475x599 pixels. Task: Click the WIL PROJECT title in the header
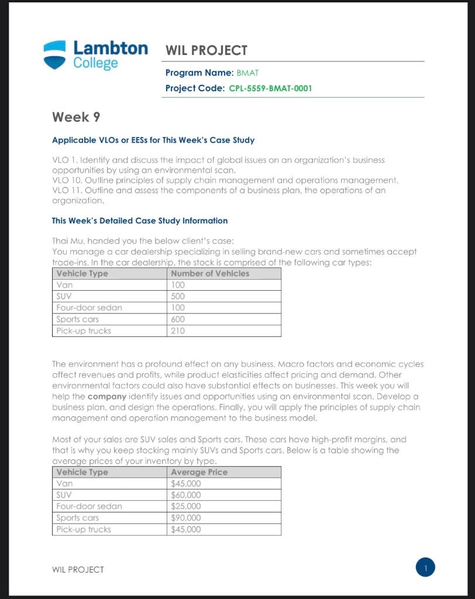coord(206,50)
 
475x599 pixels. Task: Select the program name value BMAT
coord(247,73)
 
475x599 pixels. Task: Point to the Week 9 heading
coord(76,117)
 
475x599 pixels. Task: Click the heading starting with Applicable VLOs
coord(153,140)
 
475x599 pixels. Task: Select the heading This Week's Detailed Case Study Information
coord(140,221)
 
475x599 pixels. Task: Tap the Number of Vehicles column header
coord(210,273)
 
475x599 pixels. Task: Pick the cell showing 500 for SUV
coord(178,296)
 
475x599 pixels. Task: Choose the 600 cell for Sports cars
coord(178,319)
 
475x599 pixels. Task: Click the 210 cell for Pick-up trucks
coord(178,331)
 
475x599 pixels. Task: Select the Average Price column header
coord(199,472)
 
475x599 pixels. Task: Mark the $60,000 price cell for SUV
coord(185,495)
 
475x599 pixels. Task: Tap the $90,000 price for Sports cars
coord(185,518)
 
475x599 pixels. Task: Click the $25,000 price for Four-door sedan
coord(185,507)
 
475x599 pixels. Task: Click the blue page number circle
coord(426,567)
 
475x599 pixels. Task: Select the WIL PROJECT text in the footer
coord(78,569)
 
